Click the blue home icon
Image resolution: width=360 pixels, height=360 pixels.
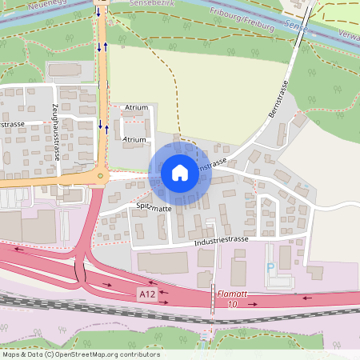(179, 172)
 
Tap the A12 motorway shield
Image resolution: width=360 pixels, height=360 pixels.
(146, 294)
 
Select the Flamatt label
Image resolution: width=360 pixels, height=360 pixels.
(232, 294)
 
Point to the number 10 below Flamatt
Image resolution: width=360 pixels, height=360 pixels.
(232, 305)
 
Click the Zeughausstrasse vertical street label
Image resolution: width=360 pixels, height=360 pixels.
(56, 133)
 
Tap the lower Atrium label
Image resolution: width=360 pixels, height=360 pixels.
(134, 139)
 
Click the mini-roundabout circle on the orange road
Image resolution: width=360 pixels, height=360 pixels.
(100, 176)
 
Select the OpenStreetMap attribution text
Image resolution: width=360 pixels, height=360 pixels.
(81, 354)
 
